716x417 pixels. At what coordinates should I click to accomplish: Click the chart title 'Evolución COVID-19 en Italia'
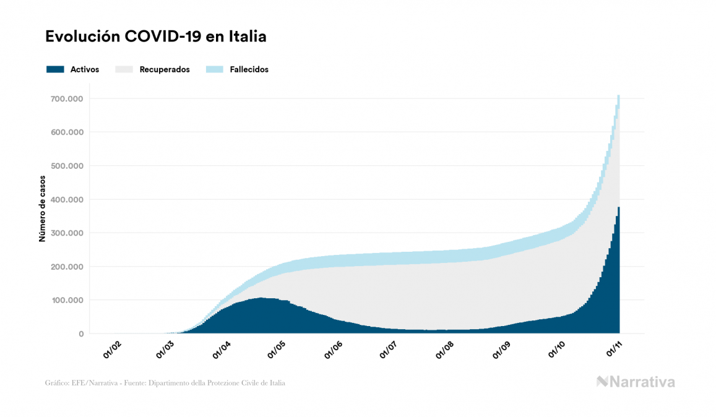[156, 37]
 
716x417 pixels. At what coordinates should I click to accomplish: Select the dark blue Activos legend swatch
[55, 69]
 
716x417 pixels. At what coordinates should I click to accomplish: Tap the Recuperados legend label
[165, 69]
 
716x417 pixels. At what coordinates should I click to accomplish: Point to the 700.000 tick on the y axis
[68, 99]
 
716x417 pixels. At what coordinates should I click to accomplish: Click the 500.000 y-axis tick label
[68, 166]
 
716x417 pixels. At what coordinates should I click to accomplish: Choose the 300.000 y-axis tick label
[68, 233]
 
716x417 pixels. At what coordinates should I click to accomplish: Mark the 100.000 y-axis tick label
[68, 300]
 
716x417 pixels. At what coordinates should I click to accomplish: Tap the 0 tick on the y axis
[80, 334]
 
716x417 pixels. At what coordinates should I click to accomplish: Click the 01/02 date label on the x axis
[112, 349]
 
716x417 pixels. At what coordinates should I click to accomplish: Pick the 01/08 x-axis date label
[444, 349]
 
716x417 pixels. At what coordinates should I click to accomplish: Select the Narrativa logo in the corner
[636, 382]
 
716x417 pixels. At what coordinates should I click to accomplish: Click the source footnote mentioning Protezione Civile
[165, 383]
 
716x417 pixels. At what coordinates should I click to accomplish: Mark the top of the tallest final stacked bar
[618, 96]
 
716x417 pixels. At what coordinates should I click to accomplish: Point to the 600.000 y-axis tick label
[68, 132]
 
